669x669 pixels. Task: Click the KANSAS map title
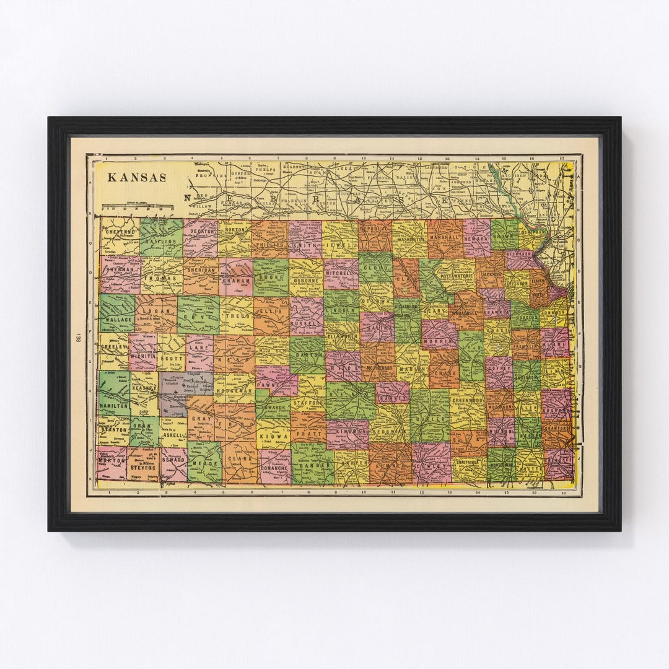coord(137,177)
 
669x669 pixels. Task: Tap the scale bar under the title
coord(138,206)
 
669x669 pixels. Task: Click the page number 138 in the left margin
coord(78,338)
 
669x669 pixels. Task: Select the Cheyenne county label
coord(121,232)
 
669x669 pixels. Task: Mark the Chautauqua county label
coord(468,462)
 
